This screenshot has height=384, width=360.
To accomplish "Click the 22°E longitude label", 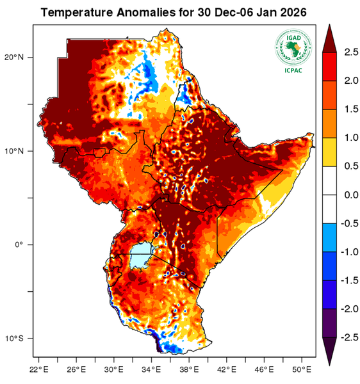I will [x=39, y=369].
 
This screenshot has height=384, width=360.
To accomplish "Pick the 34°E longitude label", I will [x=151, y=369].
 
